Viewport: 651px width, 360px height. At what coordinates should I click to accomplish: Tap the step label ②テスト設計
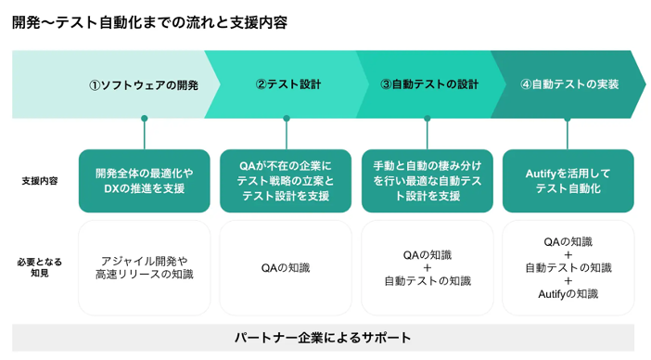click(287, 84)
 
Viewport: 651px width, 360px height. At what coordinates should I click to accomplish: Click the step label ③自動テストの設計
click(429, 84)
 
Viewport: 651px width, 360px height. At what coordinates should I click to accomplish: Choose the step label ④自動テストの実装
click(569, 84)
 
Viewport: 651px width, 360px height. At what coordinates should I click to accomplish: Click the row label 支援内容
click(40, 181)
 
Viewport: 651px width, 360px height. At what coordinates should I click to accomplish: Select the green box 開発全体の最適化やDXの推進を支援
click(145, 181)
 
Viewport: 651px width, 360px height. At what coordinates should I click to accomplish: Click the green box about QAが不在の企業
click(286, 181)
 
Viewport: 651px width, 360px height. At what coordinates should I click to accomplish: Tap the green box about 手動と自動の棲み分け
click(428, 181)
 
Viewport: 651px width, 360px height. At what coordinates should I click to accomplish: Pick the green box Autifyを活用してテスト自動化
click(568, 181)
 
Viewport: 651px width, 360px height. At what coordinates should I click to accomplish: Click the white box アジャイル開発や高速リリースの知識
click(145, 267)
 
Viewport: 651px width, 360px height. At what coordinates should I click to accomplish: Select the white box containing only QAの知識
click(286, 267)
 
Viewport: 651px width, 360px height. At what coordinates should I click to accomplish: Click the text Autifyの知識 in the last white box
click(568, 294)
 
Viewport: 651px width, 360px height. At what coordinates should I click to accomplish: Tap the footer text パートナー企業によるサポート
click(323, 338)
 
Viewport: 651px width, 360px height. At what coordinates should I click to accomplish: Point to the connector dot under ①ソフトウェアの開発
click(145, 119)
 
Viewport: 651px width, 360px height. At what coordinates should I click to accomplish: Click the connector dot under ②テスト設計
click(286, 119)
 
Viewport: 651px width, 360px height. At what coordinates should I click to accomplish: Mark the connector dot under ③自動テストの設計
click(428, 119)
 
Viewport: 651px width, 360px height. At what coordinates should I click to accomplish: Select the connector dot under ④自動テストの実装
click(568, 119)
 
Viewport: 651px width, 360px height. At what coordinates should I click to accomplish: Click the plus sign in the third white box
click(428, 267)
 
